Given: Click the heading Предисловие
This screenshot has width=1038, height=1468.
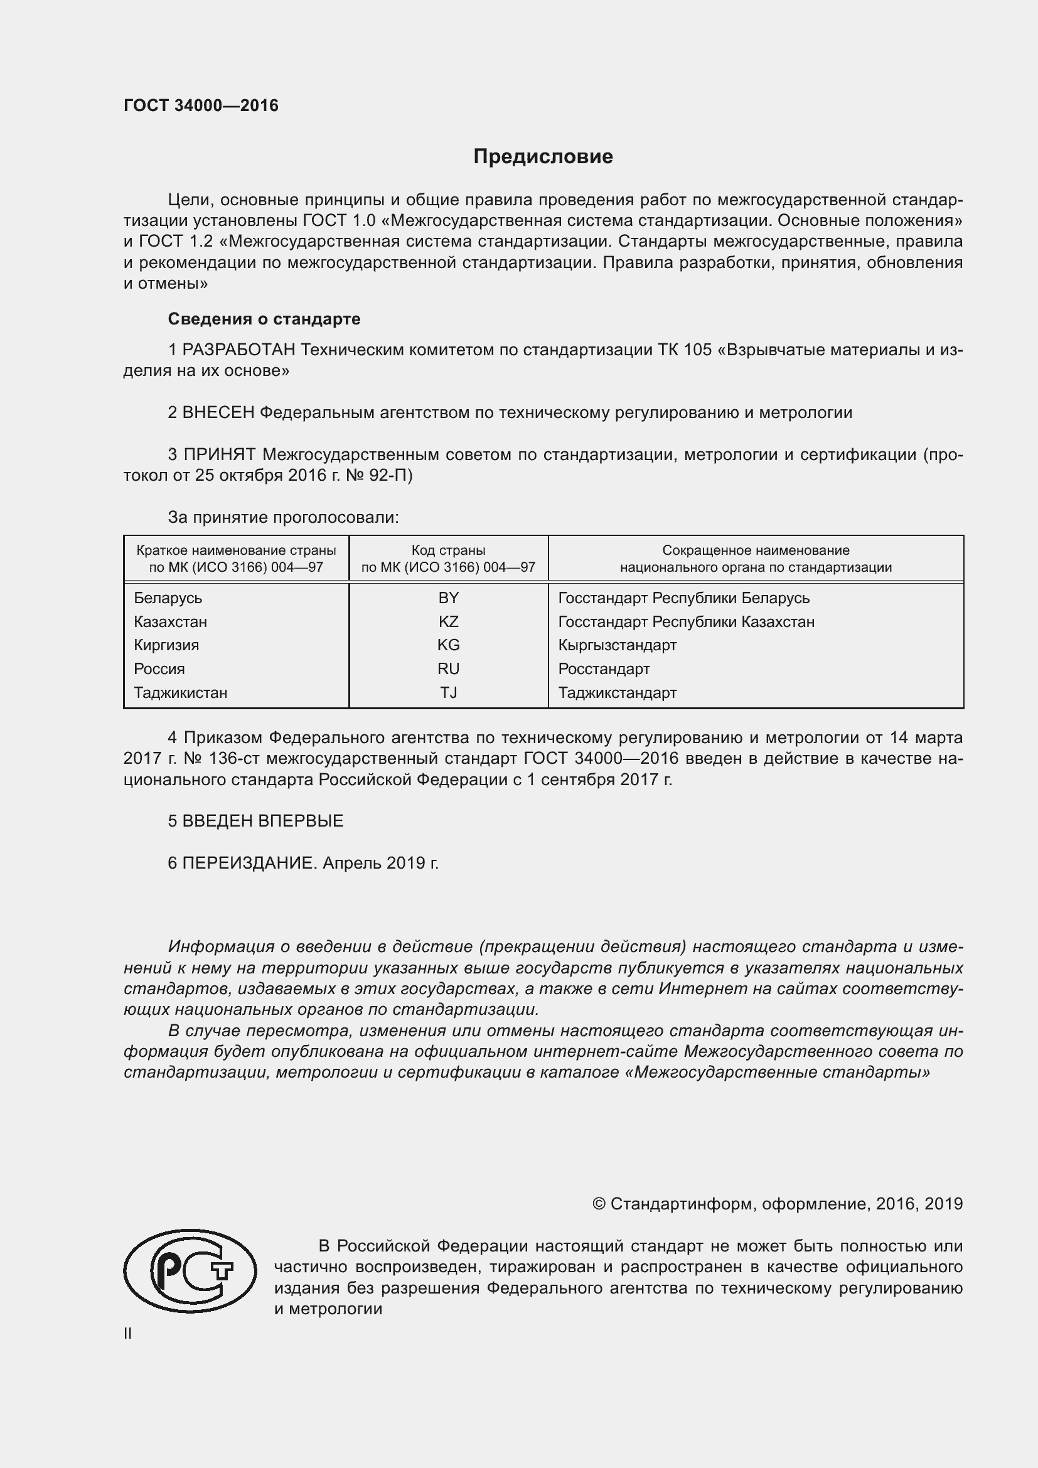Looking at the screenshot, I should [543, 157].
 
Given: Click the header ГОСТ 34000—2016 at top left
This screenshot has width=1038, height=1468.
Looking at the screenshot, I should [201, 105].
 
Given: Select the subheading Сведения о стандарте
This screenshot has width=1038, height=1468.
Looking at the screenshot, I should [264, 318].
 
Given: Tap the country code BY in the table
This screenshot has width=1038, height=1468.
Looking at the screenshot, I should [448, 598].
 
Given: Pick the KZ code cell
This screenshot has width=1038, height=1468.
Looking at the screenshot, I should [448, 621].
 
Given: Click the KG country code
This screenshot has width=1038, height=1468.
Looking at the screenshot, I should [448, 645].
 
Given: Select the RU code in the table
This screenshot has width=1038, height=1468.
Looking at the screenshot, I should [448, 669].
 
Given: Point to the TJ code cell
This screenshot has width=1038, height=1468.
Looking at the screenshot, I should [448, 692].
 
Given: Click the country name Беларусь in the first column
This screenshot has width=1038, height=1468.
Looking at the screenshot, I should [168, 598].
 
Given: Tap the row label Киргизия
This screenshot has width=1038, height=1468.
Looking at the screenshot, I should [166, 645].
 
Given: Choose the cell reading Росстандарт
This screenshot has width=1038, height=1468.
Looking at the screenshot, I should [603, 669].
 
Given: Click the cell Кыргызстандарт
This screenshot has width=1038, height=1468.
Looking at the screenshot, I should [617, 645].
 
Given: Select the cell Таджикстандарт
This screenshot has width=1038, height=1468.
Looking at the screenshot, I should [617, 692].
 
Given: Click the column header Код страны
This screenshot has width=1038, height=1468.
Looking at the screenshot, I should [448, 550].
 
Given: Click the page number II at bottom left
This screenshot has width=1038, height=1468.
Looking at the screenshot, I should [127, 1334].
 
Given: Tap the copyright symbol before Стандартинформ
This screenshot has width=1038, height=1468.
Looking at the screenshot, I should [598, 1204].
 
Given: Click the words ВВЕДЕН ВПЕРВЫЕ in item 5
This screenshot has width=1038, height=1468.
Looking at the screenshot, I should [263, 821].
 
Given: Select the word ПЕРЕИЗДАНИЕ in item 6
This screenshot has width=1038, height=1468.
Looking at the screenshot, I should [249, 863].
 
